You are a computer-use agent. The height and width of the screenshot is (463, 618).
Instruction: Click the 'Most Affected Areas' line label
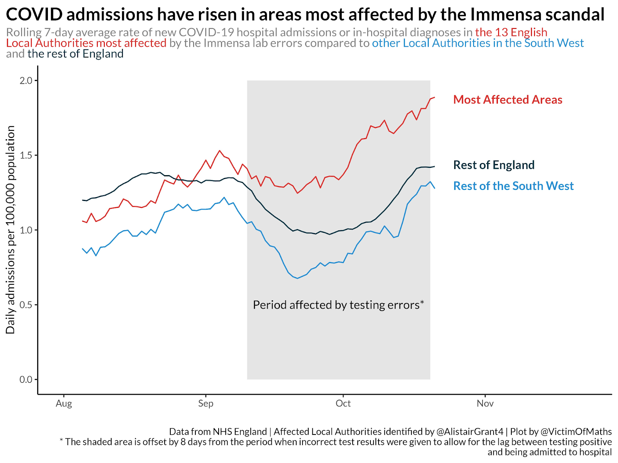click(x=508, y=100)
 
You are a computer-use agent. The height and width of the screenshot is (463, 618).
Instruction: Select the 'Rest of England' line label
click(x=494, y=165)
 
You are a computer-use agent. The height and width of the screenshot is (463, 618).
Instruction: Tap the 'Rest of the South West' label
click(x=513, y=186)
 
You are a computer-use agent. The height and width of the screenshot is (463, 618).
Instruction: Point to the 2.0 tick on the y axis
click(x=26, y=81)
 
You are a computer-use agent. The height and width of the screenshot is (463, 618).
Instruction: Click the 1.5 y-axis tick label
click(x=26, y=155)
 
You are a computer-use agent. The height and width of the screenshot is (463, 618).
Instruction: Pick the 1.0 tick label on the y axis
click(x=26, y=230)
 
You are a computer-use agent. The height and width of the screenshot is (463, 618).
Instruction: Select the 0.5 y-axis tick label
click(x=26, y=305)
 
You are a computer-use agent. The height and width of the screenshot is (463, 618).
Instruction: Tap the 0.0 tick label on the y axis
click(x=26, y=380)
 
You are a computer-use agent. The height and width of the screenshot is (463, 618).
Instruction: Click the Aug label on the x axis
click(x=64, y=404)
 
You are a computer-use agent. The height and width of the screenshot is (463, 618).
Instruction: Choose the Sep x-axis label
click(x=205, y=404)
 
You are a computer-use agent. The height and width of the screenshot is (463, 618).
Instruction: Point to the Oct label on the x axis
click(x=343, y=404)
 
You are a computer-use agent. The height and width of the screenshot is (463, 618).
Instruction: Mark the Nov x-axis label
click(x=485, y=404)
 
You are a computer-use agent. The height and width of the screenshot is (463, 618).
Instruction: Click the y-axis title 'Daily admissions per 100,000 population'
click(x=10, y=230)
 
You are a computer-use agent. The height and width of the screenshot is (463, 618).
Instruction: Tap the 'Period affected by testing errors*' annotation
click(x=338, y=305)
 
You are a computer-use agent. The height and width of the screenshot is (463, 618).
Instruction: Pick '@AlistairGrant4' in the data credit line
click(x=470, y=432)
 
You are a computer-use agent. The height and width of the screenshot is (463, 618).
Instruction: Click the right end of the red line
click(x=435, y=97)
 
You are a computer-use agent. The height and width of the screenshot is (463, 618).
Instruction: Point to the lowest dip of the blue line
click(x=297, y=278)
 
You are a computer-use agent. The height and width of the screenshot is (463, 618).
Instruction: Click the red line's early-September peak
click(x=219, y=150)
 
